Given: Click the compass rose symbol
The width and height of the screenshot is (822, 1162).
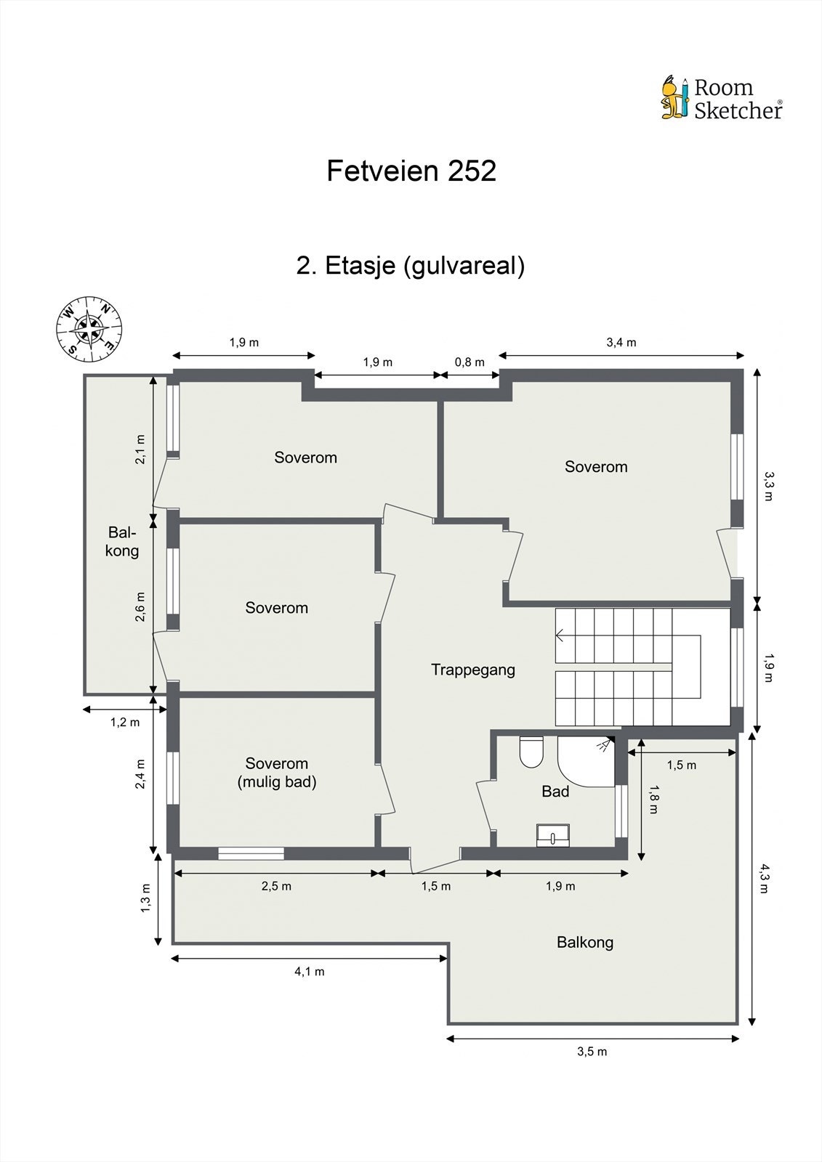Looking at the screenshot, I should point(89,329).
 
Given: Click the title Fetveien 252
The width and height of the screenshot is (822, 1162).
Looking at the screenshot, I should point(411,171).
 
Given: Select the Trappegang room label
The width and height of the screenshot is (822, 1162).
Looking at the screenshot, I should point(472,670).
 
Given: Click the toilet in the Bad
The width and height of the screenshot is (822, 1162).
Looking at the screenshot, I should point(531,752).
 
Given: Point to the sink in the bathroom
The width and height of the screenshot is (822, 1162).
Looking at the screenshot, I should point(554,836).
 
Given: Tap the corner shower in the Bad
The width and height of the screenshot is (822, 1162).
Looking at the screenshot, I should point(585,762).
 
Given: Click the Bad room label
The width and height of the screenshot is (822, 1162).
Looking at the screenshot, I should point(555,792).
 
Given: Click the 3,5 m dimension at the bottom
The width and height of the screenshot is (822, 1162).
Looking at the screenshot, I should point(592,1052).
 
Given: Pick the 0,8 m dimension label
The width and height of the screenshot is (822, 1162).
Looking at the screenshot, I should point(470,362).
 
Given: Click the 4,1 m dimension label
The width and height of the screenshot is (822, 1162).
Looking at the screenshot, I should point(309,972).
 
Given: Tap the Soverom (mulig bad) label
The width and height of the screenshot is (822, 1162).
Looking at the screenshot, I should point(277,773).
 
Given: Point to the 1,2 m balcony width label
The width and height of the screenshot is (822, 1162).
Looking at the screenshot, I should point(124,722).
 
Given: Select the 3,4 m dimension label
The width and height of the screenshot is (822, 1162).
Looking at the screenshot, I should point(621,343).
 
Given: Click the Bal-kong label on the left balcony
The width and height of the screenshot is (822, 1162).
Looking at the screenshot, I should point(122,541).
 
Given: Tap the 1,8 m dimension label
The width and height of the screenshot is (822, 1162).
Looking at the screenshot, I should point(654,799).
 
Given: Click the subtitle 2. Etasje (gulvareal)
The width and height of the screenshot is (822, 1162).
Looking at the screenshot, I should point(411,265).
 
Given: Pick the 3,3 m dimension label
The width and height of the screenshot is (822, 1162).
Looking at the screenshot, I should point(768,486).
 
